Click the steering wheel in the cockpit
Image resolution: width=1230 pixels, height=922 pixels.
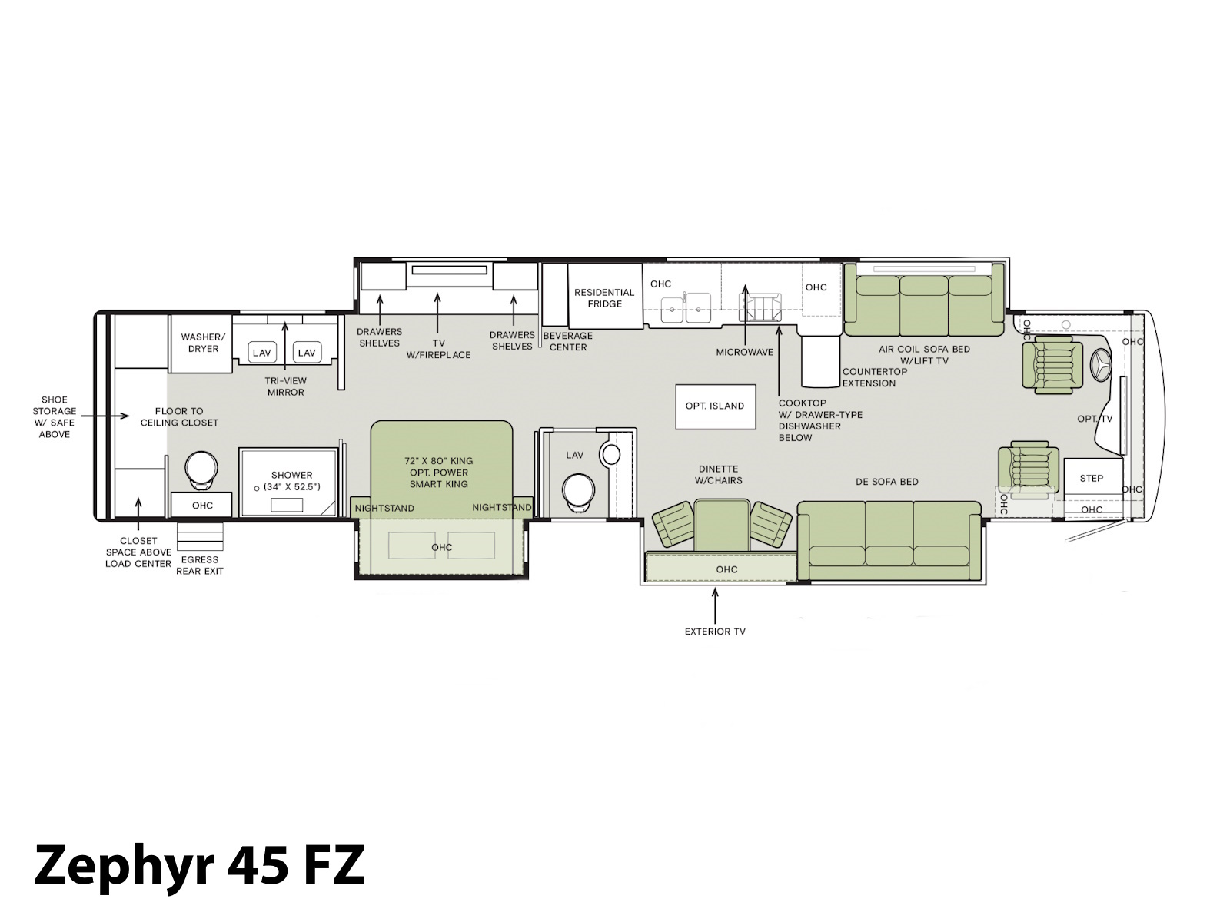click(x=1101, y=366)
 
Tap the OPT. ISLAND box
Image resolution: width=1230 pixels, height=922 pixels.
click(x=715, y=406)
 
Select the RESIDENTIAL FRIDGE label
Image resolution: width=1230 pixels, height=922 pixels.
click(x=604, y=298)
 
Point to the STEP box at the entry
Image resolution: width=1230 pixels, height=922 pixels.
click(x=1092, y=478)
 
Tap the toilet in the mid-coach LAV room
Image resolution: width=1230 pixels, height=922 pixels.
click(x=578, y=493)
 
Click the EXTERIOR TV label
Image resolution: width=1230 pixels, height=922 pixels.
click(x=715, y=632)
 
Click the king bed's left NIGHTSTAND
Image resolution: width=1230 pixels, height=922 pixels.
click(x=384, y=507)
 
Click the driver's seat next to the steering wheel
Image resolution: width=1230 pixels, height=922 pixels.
click(x=1052, y=364)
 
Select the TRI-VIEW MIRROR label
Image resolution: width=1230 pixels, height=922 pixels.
click(x=285, y=386)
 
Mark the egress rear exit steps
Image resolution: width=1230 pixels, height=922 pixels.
click(x=200, y=536)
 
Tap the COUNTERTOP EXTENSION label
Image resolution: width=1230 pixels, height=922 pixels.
click(x=874, y=377)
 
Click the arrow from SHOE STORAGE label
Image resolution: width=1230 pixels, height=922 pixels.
click(x=105, y=416)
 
